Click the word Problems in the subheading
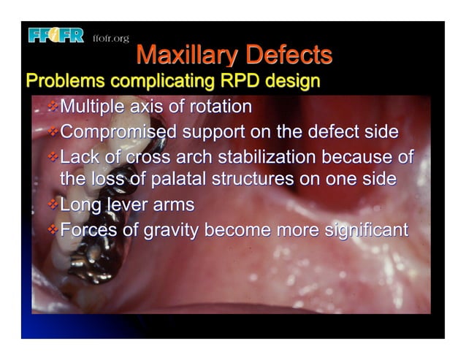pyautogui.click(x=62, y=80)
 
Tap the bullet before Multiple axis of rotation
pyautogui.click(x=52, y=107)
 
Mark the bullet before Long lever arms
pyautogui.click(x=52, y=205)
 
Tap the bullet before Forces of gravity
pyautogui.click(x=52, y=231)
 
